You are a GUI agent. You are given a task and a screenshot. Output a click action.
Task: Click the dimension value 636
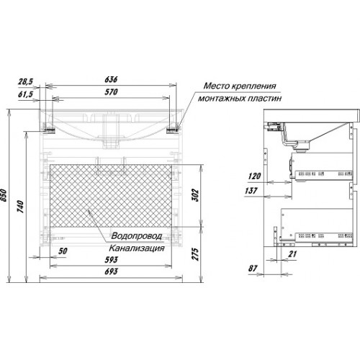[111, 79]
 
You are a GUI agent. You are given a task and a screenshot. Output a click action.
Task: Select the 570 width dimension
[111, 92]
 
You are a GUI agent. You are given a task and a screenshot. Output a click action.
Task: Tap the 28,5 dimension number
[25, 82]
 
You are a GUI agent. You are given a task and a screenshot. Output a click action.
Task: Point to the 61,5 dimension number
[25, 94]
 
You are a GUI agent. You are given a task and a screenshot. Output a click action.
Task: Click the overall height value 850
[5, 196]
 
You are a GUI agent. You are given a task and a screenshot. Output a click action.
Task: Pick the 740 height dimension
[21, 207]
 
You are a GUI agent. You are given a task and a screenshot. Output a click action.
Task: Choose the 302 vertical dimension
[196, 195]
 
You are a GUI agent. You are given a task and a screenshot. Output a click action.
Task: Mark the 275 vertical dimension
[196, 254]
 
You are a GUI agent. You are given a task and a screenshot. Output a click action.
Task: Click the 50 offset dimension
[63, 251]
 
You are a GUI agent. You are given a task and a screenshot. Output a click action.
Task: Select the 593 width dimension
[111, 259]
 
